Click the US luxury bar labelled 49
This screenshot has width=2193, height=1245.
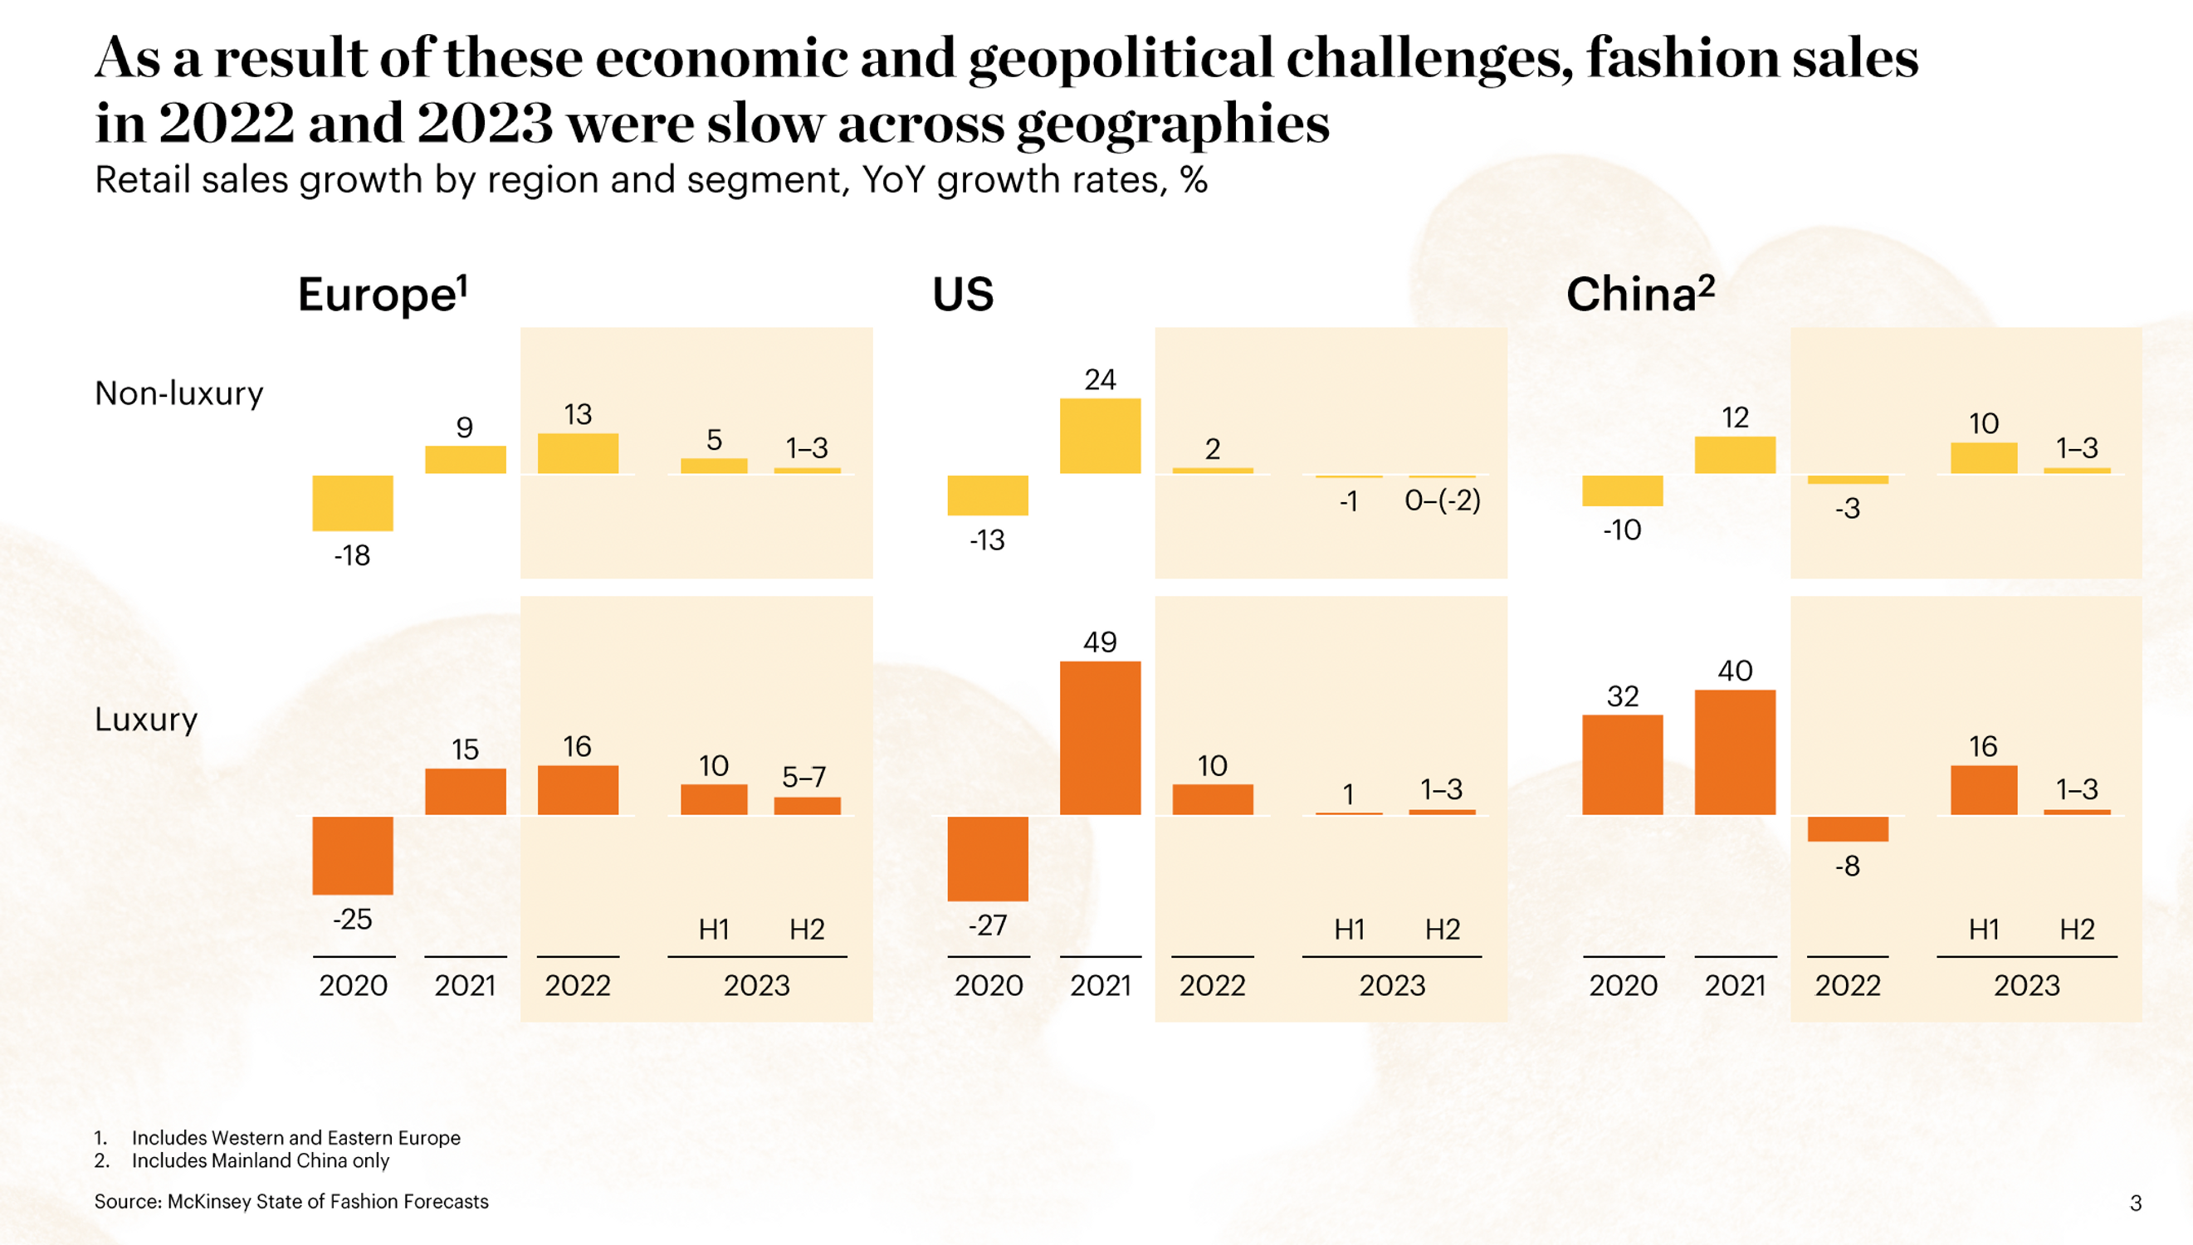tap(1100, 737)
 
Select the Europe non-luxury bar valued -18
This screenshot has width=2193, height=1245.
tap(352, 503)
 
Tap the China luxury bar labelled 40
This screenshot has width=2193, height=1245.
tap(1735, 752)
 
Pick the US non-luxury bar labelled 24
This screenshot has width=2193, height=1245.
tap(1100, 435)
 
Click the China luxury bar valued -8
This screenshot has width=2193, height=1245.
tap(1847, 828)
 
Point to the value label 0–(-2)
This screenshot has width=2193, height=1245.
tap(1443, 500)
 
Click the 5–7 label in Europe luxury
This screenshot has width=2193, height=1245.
tap(803, 776)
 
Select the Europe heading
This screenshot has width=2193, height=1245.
tap(382, 294)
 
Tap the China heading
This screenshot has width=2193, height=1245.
tap(1639, 294)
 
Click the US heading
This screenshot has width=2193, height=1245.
tap(963, 294)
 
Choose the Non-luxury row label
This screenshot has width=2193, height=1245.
tap(178, 393)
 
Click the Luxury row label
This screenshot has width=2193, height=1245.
tap(145, 719)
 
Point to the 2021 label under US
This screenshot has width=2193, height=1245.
tap(1100, 985)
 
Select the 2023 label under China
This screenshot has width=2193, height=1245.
tap(2026, 985)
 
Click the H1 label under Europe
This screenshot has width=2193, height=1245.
tap(713, 929)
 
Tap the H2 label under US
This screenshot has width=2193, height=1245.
tap(1443, 929)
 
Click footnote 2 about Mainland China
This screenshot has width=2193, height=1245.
tap(259, 1160)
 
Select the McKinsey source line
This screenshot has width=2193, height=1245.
tap(291, 1201)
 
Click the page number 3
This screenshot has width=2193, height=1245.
tap(2135, 1203)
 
